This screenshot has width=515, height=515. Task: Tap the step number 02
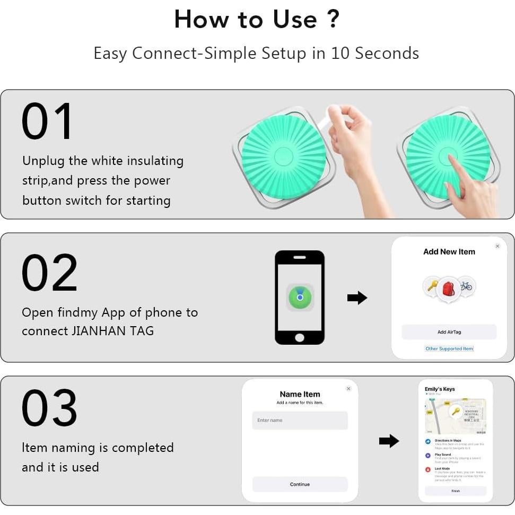[49, 273]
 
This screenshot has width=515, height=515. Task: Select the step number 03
[49, 408]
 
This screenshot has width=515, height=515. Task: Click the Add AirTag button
[449, 332]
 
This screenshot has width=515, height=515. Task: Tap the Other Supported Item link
[449, 348]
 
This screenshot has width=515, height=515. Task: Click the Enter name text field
[300, 421]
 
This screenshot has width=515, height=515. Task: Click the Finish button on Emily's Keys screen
[456, 491]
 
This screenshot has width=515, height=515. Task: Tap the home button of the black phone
[300, 338]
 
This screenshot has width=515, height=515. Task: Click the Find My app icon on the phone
[300, 297]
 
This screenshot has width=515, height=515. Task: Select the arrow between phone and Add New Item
[357, 298]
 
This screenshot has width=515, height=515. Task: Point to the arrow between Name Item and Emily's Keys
[389, 441]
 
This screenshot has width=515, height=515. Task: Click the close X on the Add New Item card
[497, 246]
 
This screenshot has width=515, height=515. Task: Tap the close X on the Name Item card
[348, 389]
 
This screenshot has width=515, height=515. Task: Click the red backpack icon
[448, 289]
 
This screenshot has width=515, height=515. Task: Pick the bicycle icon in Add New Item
[466, 286]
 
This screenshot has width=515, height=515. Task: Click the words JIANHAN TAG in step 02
[112, 331]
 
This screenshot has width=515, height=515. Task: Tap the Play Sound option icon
[428, 456]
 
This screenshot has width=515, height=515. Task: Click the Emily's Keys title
[440, 389]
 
